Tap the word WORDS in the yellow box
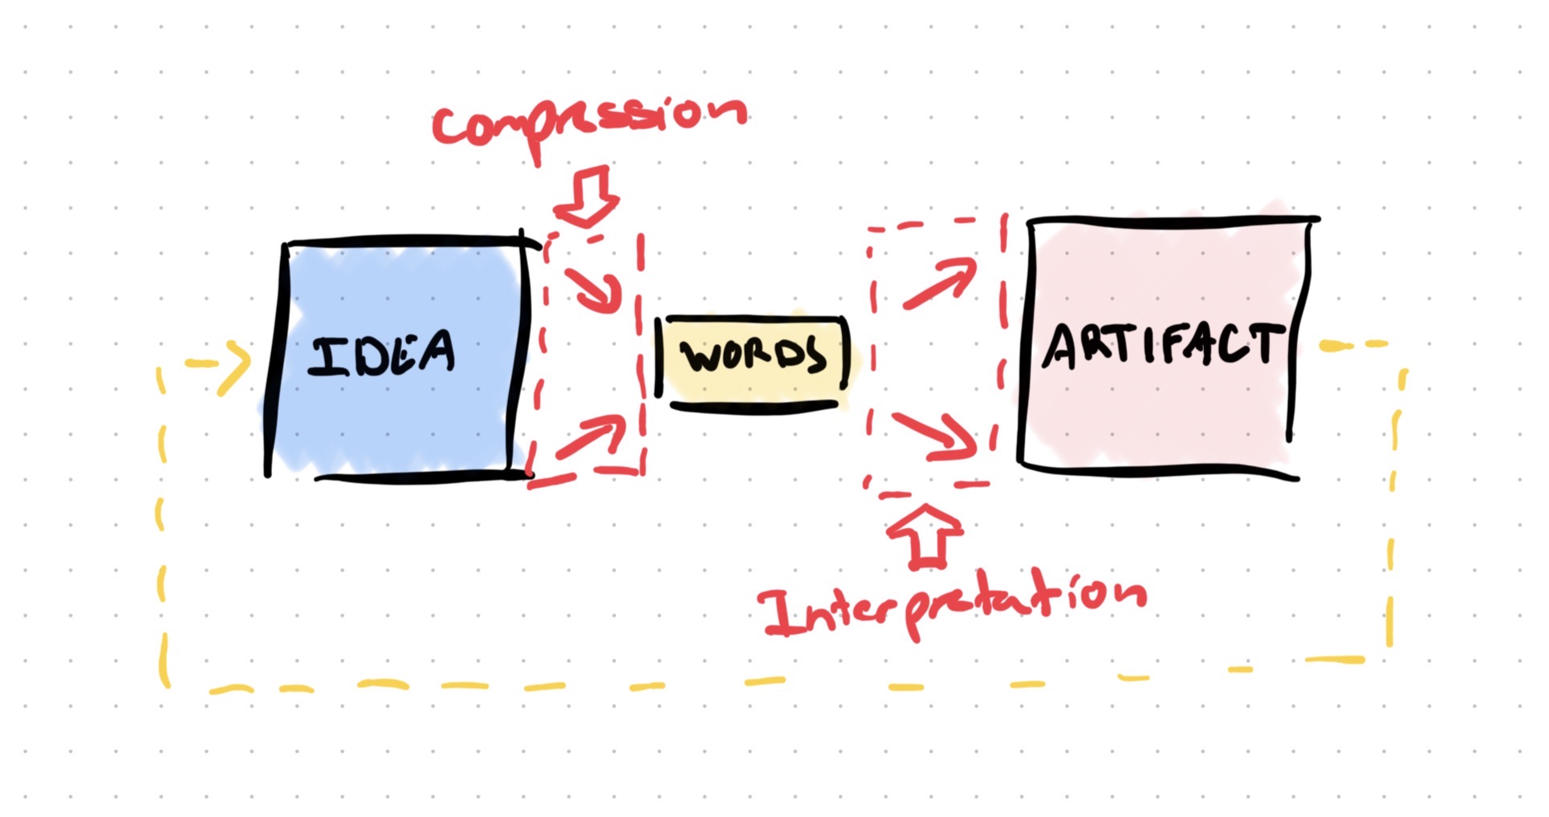pyautogui.click(x=753, y=356)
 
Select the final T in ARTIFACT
pyautogui.click(x=1263, y=343)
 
